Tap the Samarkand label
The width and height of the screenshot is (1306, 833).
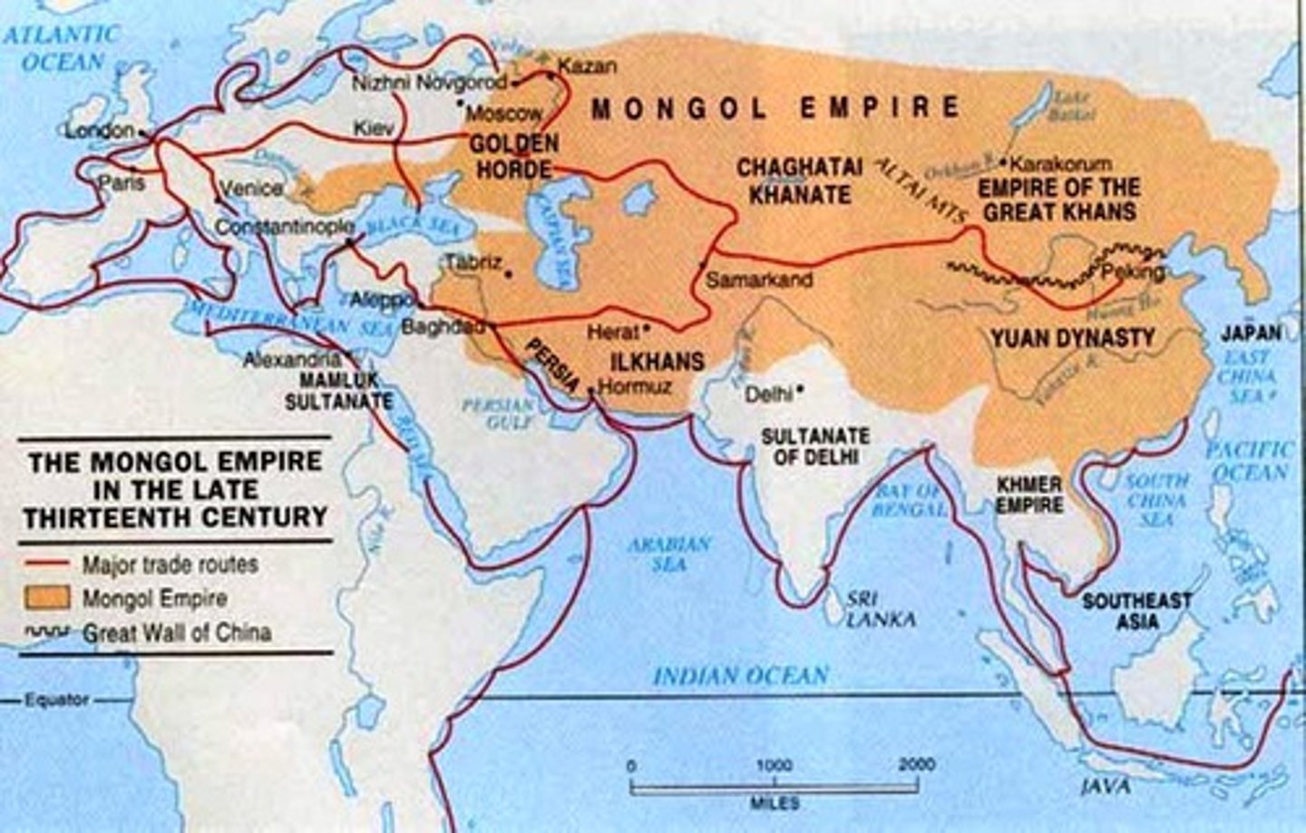pyautogui.click(x=758, y=280)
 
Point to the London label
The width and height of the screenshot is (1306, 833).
pyautogui.click(x=98, y=131)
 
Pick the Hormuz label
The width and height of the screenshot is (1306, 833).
pyautogui.click(x=636, y=387)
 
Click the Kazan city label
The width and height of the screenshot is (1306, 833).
pyautogui.click(x=587, y=66)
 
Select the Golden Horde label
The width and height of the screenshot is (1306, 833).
pyautogui.click(x=512, y=156)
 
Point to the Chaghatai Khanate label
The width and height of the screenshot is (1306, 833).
pyautogui.click(x=793, y=181)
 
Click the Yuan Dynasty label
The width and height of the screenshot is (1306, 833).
pyautogui.click(x=1072, y=338)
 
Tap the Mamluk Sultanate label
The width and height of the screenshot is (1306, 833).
pyautogui.click(x=339, y=390)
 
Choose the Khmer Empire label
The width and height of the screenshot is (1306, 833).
pyautogui.click(x=1028, y=495)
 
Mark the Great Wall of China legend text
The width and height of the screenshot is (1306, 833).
pyautogui.click(x=176, y=632)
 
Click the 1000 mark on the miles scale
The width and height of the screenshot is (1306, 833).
pyautogui.click(x=775, y=765)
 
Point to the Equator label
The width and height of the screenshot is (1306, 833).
pyautogui.click(x=57, y=701)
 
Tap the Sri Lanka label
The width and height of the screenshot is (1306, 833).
pyautogui.click(x=879, y=610)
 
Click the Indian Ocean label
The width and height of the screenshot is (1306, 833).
pyautogui.click(x=740, y=675)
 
